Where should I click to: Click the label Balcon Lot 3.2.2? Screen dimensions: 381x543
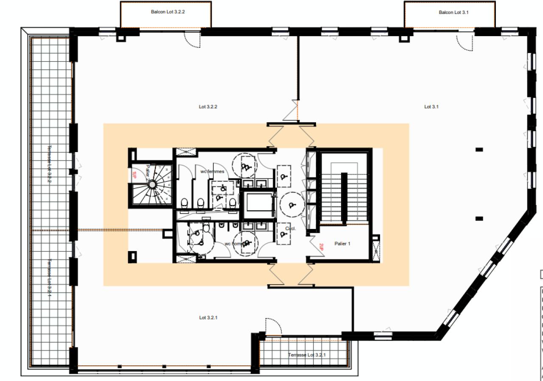[x=168, y=12]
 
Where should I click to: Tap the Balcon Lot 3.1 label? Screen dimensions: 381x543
[x=453, y=13]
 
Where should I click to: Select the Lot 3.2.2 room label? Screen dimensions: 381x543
[x=208, y=107]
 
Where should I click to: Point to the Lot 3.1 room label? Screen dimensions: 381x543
[x=431, y=107]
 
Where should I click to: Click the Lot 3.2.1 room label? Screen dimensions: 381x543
[x=209, y=317]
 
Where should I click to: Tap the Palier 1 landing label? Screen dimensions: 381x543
[x=343, y=244]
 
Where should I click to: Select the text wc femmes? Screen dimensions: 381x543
[x=212, y=172]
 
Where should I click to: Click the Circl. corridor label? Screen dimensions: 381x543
[x=291, y=229]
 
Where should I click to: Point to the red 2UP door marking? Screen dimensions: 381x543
[x=321, y=247]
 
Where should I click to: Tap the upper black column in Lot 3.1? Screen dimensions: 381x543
[x=479, y=150]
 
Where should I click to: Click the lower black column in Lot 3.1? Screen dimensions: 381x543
[x=479, y=219]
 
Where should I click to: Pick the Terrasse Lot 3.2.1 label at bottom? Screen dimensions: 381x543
[x=307, y=355]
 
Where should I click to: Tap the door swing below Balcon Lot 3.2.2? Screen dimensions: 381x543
[x=192, y=41]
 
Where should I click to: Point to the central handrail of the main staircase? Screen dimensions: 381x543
[x=344, y=197]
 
